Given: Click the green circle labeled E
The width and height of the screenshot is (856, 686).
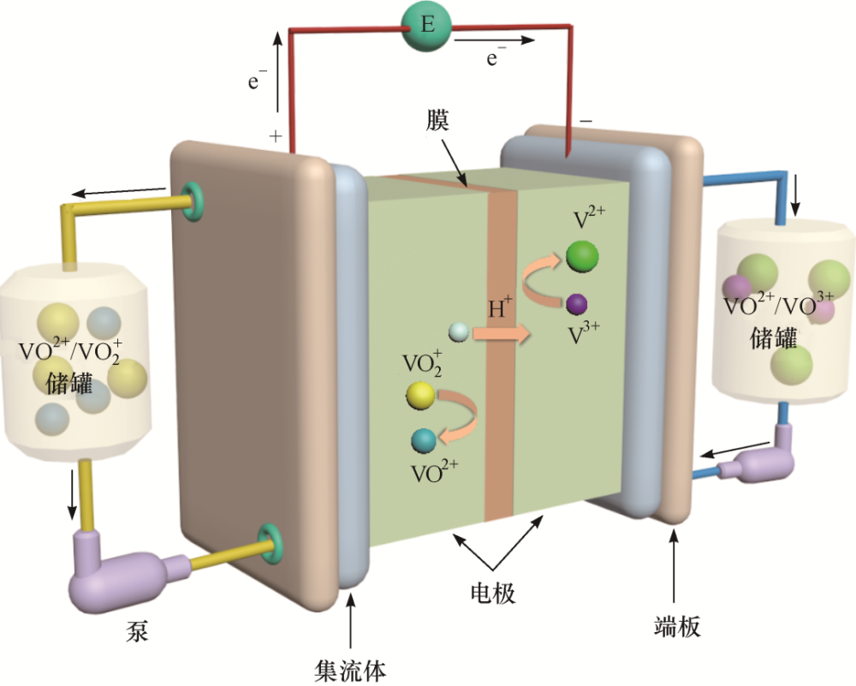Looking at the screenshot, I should coord(428,27).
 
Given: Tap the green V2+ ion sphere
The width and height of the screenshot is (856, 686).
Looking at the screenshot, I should coord(582,256).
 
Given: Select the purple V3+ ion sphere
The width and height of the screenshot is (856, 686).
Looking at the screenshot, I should coord(576,303).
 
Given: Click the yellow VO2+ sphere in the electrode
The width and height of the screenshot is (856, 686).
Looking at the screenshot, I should coord(420,396).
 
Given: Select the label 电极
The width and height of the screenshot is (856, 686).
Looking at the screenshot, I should coord(494,593).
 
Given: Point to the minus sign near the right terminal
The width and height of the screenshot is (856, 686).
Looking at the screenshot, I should coord(586,122).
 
